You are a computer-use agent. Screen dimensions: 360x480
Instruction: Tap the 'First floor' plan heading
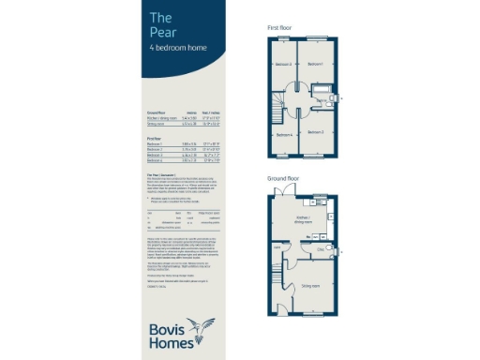pos(279,28)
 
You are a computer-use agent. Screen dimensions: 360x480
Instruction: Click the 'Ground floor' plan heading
pos(283,176)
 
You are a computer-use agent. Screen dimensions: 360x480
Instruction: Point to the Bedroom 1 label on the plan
pos(316,65)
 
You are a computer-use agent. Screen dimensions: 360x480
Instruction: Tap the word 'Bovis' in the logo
pos(167,327)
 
